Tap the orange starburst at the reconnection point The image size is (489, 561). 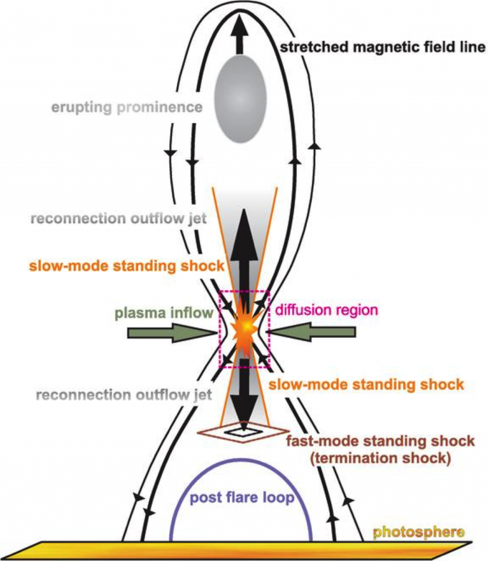coord(244,330)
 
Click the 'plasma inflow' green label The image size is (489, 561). coord(163,313)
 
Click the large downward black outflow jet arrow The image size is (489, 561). coord(244,392)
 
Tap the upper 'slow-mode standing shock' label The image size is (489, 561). coord(128,264)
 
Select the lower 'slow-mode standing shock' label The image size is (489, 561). coord(365,385)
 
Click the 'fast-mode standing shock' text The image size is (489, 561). coord(380,441)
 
